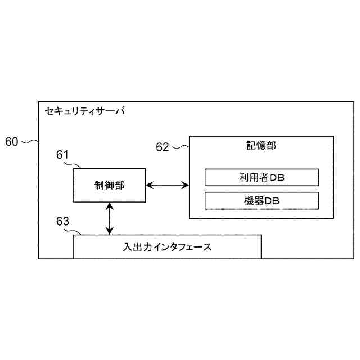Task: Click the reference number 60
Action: [x=12, y=141]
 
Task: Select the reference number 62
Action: [x=163, y=147]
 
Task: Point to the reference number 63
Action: [x=62, y=221]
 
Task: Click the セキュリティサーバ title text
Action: [x=85, y=111]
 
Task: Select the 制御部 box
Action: [x=109, y=184]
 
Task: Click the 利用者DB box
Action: [x=262, y=178]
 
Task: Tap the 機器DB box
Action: [x=262, y=200]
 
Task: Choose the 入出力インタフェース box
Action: [x=168, y=246]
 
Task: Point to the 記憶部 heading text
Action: [x=262, y=146]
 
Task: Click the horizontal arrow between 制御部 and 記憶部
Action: [x=167, y=184]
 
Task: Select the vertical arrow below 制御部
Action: [x=110, y=218]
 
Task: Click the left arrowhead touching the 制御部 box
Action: [x=149, y=184]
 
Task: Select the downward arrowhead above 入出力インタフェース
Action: [x=110, y=231]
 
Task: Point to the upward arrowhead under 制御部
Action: [x=110, y=206]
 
